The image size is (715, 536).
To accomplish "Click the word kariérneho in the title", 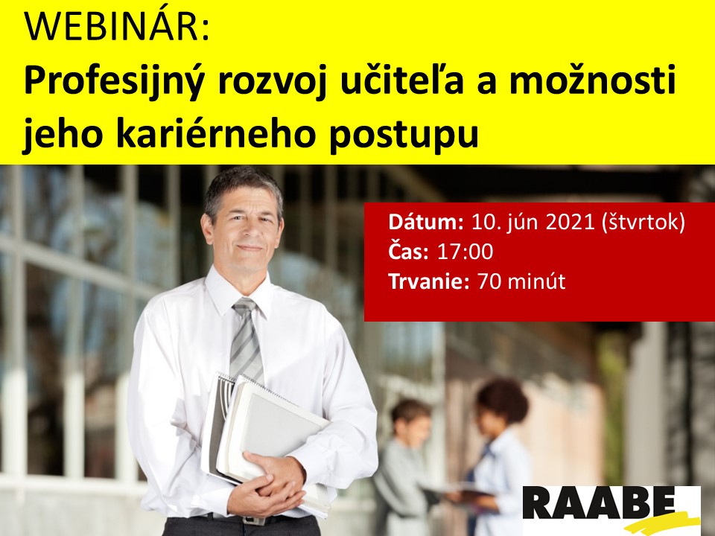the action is click(x=217, y=133).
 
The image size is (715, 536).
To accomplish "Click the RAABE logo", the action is click(x=611, y=510).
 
